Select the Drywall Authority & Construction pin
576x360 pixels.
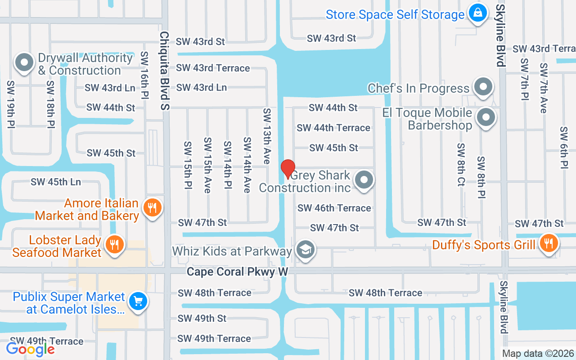[x=24, y=63]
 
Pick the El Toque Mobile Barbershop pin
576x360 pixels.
[x=486, y=118]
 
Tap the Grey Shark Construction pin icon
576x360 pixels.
[x=364, y=180]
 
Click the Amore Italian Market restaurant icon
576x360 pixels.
[x=153, y=208]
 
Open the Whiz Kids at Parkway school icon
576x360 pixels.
[x=306, y=250]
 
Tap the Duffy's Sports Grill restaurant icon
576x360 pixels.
[x=548, y=243]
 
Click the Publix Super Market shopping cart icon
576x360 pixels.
[x=138, y=301]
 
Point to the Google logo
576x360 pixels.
[x=31, y=349]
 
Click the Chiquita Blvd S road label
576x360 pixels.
[x=165, y=71]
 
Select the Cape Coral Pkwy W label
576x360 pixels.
[x=237, y=272]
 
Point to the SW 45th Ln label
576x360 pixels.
[x=56, y=182]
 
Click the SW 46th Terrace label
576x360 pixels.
[x=334, y=208]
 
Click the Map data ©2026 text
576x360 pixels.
[x=538, y=354]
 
